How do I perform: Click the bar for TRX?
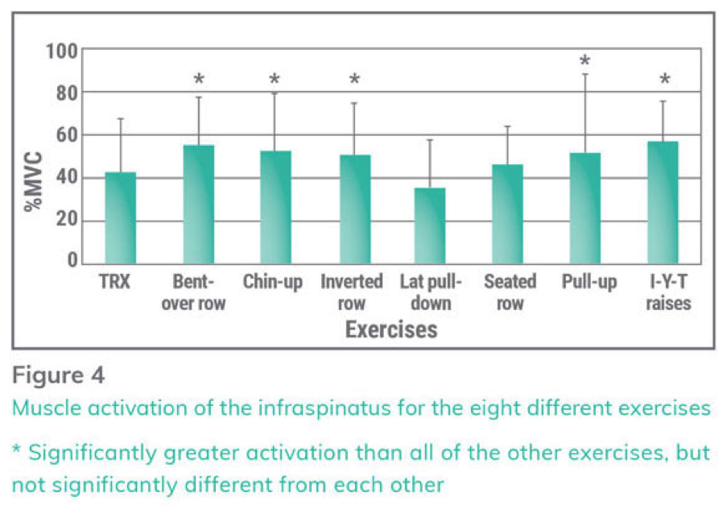pos(121,217)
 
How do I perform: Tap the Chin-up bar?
pos(275,207)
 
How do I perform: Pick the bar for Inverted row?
pos(353,209)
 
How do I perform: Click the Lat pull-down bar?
pos(430,225)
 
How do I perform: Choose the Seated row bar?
pos(508,213)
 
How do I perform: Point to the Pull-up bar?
pos(585,208)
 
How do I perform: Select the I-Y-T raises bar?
pos(663,202)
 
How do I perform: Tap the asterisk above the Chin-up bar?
pos(275,81)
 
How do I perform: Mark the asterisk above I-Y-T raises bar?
pos(664,81)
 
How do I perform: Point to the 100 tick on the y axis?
pos(61,51)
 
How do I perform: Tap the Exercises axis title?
pos(391,329)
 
